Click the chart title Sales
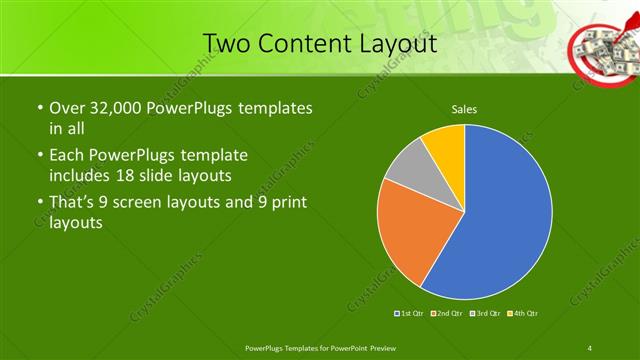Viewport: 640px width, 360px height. (464, 108)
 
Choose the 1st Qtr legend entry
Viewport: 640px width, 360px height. (410, 314)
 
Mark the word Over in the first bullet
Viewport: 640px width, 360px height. (68, 107)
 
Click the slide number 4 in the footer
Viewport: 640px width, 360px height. (590, 347)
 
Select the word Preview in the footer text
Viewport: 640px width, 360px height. (379, 347)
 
